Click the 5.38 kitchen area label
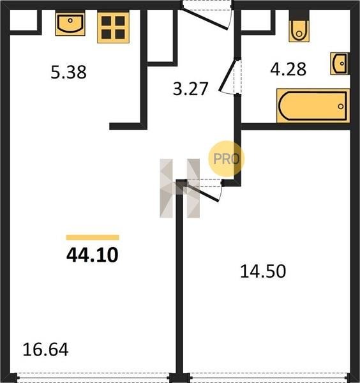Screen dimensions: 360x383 point(69,72)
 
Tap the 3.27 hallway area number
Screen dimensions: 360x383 point(190,89)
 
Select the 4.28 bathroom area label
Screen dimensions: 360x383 point(289,69)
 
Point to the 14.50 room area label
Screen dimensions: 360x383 point(263,271)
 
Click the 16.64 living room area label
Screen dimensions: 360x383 point(45,350)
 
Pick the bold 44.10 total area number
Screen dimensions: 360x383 point(93,255)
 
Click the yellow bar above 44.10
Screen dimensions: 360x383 point(93,237)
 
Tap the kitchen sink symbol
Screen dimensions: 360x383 point(70,24)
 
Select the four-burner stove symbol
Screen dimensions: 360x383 point(114,27)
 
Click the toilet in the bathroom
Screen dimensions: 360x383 point(299,26)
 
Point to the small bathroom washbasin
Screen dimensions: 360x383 point(340,63)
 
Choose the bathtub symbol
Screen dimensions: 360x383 point(313,106)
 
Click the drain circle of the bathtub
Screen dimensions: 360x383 point(341,106)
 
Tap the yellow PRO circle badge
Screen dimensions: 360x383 point(226,159)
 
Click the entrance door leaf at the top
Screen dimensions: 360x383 point(205,19)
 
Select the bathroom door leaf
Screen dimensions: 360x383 point(228,75)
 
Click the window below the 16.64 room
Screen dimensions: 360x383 point(93,377)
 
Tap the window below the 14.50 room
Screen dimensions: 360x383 point(268,377)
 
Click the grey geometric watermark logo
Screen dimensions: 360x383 point(179,188)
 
